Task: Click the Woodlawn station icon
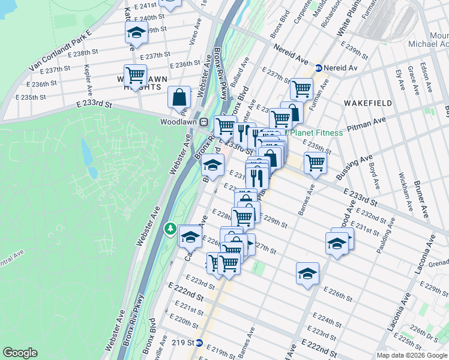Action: pos(204,121)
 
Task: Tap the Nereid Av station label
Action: pos(340,68)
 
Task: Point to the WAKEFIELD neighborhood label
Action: pos(368,103)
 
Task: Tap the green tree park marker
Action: pos(171,229)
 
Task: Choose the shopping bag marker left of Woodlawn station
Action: pos(179,97)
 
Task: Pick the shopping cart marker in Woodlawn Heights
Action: pos(135,75)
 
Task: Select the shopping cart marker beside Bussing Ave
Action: pos(315,162)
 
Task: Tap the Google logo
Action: pos(20,353)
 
